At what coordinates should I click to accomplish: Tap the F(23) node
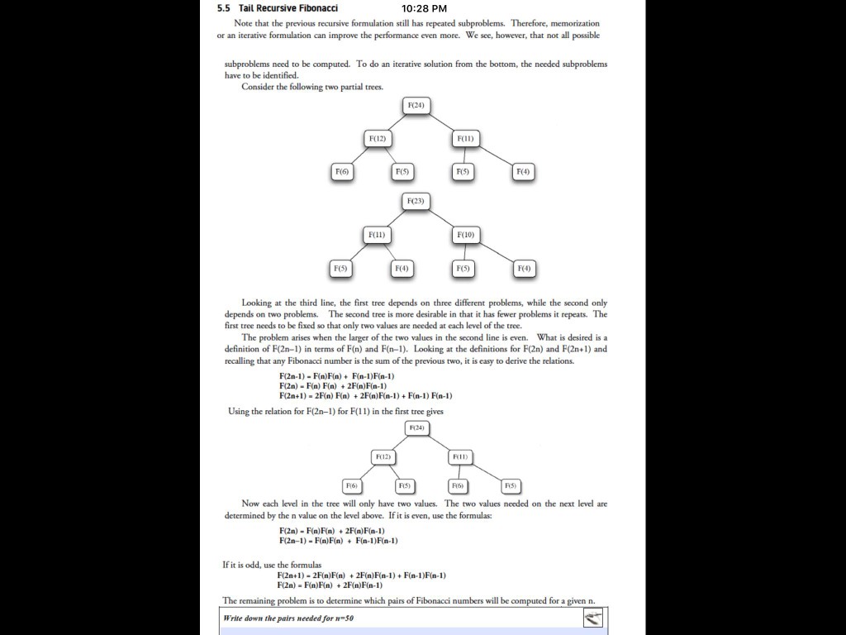(x=416, y=201)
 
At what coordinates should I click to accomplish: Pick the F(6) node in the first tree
(x=341, y=171)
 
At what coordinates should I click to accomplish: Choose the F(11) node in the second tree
(x=376, y=236)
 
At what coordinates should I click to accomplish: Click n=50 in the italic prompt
(x=345, y=618)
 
